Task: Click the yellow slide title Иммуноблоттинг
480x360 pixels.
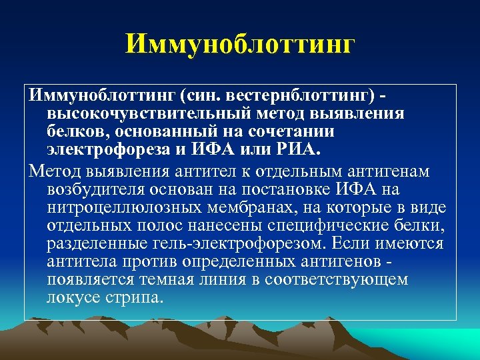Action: click(240, 45)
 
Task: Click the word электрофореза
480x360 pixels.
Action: click(111, 147)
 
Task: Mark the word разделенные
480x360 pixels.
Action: click(93, 243)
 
